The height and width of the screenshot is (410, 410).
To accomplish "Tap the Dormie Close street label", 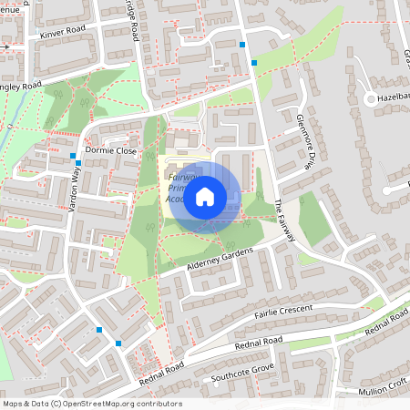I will click(110, 149).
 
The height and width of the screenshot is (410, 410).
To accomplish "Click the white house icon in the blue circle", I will click(205, 196).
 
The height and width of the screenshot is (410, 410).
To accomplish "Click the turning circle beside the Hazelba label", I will click(370, 98).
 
